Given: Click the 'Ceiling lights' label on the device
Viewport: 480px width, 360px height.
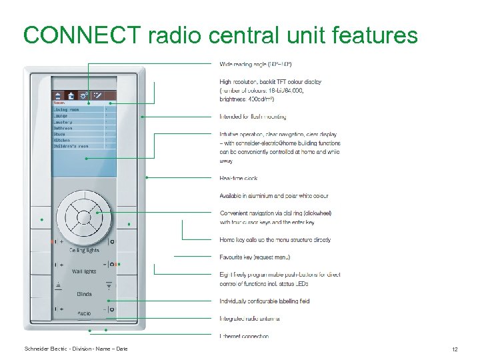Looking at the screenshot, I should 84,250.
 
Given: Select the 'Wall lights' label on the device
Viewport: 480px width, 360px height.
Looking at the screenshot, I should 84,271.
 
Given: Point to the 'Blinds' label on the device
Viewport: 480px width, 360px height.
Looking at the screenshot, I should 84,293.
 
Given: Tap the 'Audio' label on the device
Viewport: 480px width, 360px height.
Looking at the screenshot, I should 84,313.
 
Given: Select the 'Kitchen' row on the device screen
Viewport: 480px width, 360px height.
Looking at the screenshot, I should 63,139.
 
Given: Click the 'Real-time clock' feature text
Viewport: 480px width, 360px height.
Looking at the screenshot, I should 238,178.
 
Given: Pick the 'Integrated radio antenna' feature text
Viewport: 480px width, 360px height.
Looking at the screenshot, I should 249,319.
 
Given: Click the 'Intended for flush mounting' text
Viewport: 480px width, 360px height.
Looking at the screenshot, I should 253,117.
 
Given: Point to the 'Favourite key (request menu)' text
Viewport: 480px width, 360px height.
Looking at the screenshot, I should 255,257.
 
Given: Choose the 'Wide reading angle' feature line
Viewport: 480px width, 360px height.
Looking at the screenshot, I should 255,64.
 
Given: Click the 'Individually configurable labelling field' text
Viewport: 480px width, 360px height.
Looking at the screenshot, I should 264,301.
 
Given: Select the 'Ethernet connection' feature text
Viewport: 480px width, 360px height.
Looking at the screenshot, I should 244,336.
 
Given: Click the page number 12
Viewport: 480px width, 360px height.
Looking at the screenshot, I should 454,349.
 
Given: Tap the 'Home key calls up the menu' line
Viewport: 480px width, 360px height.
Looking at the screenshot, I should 275,239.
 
